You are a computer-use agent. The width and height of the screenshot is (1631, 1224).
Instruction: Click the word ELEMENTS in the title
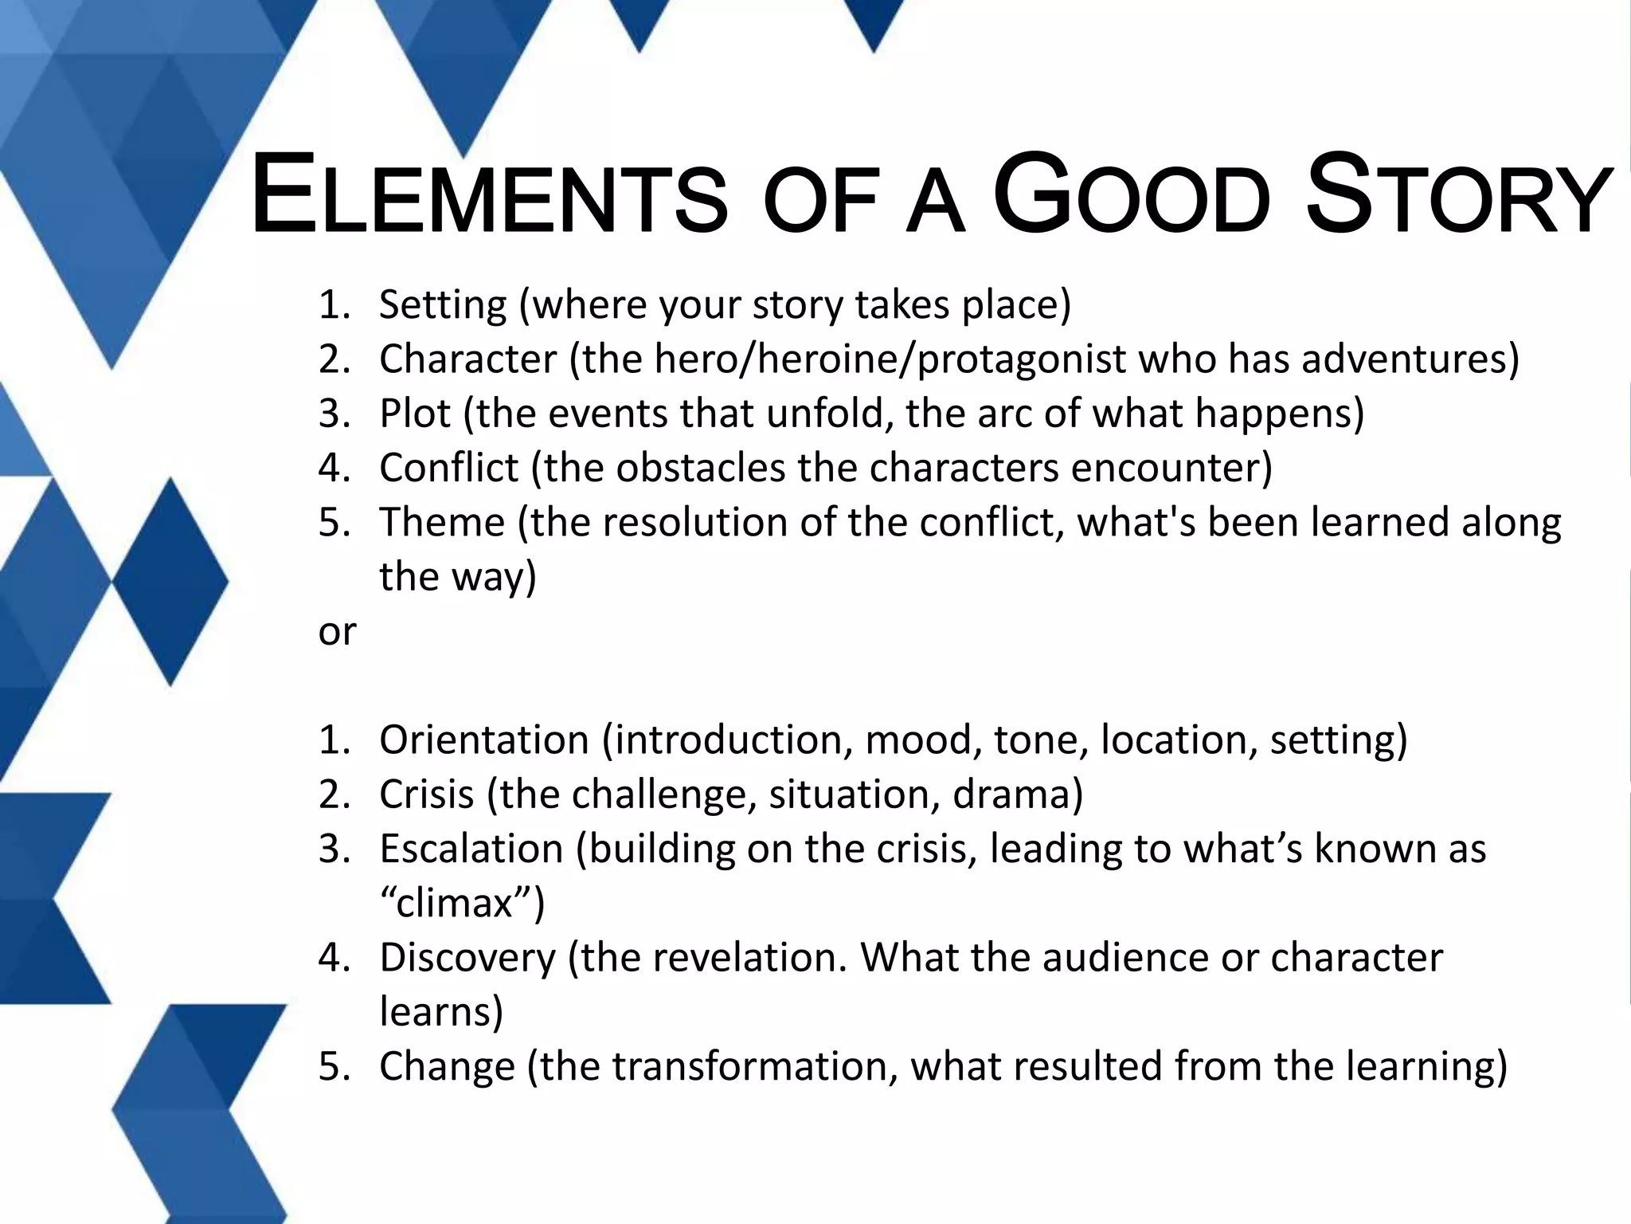(488, 197)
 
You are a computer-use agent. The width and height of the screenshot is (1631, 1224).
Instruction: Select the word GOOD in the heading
(1132, 197)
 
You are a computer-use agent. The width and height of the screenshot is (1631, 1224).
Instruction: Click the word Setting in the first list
(443, 305)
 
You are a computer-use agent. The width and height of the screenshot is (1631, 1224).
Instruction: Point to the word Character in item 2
(467, 359)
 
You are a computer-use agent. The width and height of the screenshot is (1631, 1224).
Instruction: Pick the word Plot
(415, 413)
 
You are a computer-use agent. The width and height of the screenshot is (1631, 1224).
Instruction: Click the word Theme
(442, 522)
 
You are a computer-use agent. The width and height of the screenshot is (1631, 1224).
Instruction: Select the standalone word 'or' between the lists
(337, 632)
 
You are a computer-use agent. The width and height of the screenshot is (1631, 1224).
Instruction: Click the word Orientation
(483, 739)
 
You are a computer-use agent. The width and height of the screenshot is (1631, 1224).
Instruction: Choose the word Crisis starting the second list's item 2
(426, 794)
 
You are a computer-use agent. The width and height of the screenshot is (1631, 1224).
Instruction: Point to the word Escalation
(471, 849)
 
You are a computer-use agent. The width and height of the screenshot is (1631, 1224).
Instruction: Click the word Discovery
(467, 958)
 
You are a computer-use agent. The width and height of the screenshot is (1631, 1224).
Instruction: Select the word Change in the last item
(447, 1066)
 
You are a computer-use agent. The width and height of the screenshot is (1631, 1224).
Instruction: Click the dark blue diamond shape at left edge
(170, 582)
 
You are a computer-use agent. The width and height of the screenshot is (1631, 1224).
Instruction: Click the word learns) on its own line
(441, 1012)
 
